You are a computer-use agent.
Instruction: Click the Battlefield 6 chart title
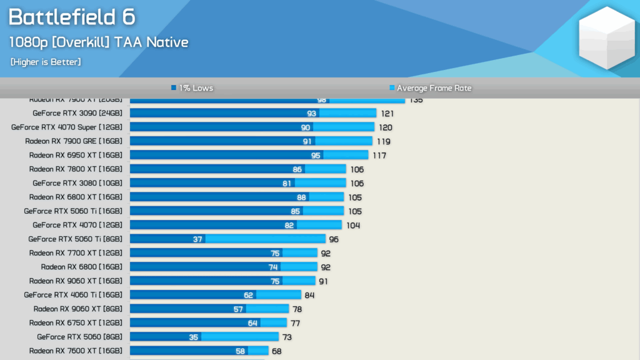(72, 17)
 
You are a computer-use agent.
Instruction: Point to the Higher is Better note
(46, 62)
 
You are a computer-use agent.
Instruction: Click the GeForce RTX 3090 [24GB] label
(77, 113)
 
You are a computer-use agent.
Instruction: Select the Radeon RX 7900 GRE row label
(74, 141)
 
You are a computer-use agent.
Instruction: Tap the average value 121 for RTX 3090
(386, 113)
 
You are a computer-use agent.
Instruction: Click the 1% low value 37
(197, 239)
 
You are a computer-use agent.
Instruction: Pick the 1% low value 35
(193, 337)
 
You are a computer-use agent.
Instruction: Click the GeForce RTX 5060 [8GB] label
(79, 337)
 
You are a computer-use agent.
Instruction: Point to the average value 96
(334, 239)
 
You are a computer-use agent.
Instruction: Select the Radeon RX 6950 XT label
(76, 155)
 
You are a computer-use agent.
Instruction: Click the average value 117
(379, 155)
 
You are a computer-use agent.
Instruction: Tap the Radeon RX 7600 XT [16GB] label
(76, 351)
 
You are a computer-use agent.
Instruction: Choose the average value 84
(310, 295)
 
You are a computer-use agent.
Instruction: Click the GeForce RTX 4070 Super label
(67, 127)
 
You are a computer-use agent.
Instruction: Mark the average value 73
(287, 337)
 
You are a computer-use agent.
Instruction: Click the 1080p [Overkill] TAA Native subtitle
(98, 42)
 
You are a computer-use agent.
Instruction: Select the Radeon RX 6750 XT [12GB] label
(76, 322)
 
